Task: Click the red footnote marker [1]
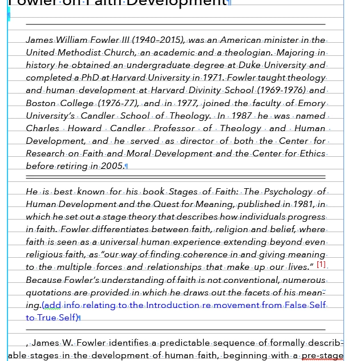321,265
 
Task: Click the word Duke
250,65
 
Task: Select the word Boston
41,103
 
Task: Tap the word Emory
312,103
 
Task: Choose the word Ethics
312,153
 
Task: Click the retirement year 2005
112,166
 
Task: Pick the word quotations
50,292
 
